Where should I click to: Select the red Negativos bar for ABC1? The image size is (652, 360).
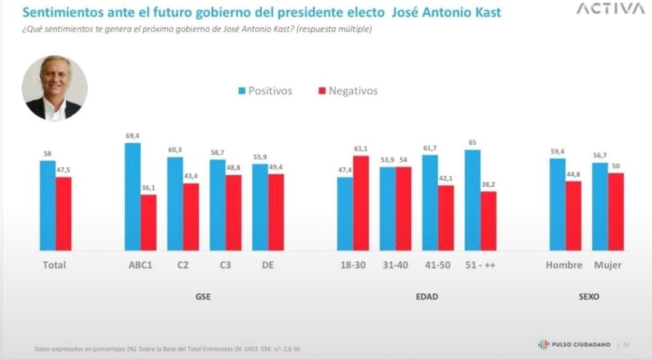coord(148,222)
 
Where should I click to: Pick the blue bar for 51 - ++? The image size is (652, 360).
coord(472,200)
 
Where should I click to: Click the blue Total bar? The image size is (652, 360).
coord(47,205)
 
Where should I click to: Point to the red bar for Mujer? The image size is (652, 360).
coord(616,212)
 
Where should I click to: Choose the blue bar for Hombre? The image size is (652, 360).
coord(557,204)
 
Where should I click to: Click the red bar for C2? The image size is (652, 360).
coord(191,217)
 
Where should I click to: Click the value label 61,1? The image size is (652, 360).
coord(361,150)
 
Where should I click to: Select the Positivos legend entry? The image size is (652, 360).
coord(265,91)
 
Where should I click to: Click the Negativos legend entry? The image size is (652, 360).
coord(348,91)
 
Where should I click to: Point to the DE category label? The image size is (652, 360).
coord(267,265)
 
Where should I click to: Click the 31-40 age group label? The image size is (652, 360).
coord(395,265)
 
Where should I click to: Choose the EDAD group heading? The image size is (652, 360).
coord(428,297)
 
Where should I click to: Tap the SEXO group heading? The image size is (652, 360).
coord(588,297)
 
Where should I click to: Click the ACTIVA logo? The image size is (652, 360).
coord(610,9)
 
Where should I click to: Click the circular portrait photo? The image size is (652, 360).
coord(55,88)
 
